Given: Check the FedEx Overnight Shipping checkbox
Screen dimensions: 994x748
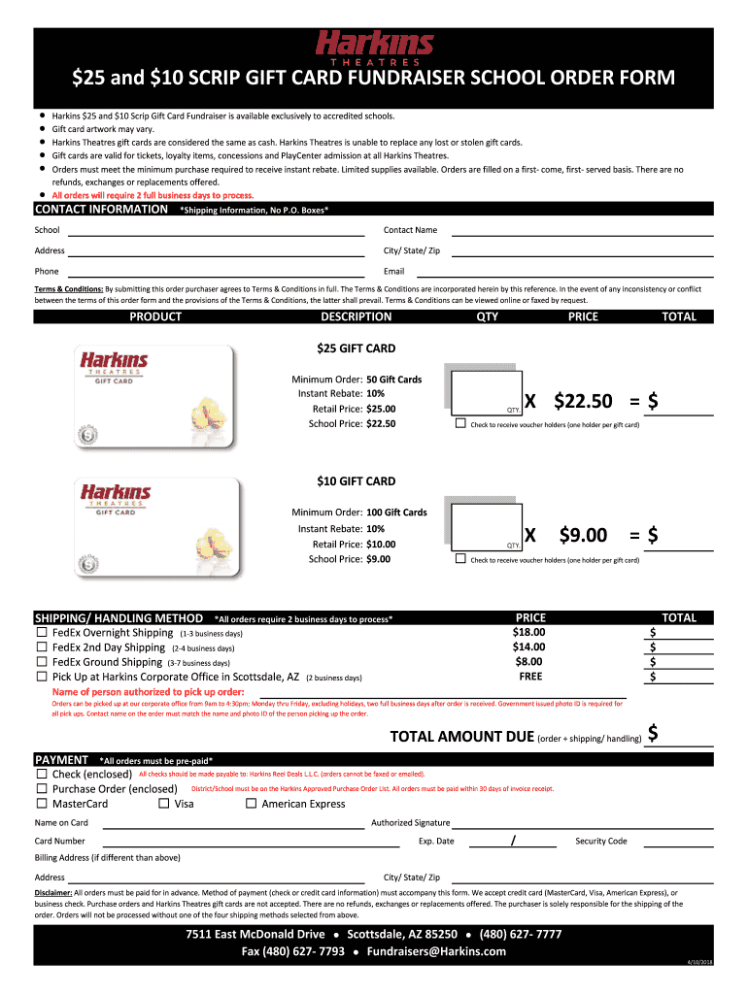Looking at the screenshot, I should (x=42, y=633).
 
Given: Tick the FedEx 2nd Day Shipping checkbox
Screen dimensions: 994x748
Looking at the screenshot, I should (x=42, y=647).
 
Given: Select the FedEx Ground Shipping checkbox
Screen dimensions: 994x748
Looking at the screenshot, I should (x=42, y=662).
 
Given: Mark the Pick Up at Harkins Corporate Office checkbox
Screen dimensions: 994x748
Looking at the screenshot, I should (x=42, y=677).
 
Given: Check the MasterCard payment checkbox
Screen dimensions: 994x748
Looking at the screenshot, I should (x=42, y=804).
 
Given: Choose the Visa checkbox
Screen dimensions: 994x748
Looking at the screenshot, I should (x=164, y=804).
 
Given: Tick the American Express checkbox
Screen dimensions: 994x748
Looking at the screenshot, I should (x=252, y=804).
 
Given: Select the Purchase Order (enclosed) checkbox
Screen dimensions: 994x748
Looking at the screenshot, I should (x=42, y=789).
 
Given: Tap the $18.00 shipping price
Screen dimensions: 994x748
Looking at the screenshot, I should (x=529, y=632).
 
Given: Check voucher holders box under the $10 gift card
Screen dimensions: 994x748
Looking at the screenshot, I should (x=460, y=559).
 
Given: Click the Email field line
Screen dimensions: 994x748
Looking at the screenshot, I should (x=583, y=276).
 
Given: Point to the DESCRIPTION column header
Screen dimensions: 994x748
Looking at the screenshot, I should (x=356, y=316).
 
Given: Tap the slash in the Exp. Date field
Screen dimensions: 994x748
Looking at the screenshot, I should (x=512, y=842).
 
